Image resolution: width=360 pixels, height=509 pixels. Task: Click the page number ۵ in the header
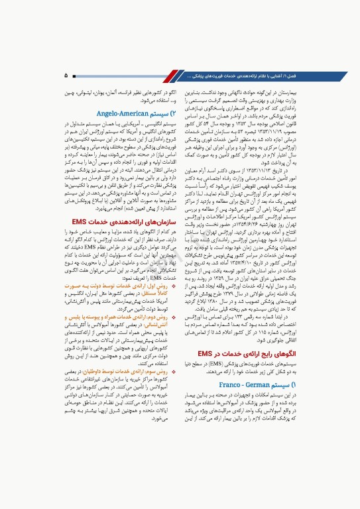pos(67,76)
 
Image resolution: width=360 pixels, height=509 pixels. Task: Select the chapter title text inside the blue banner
pos(245,76)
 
